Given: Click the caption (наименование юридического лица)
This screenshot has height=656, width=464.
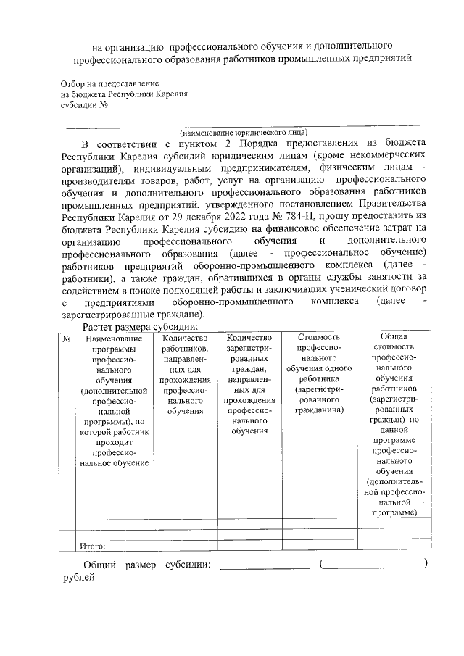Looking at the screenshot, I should pos(244,132).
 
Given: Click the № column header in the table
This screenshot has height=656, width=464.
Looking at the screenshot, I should pos(66,339).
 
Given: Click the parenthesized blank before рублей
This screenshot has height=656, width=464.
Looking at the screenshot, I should pos(373,565).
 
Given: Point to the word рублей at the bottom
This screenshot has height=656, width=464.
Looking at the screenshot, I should pos(78,578).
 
